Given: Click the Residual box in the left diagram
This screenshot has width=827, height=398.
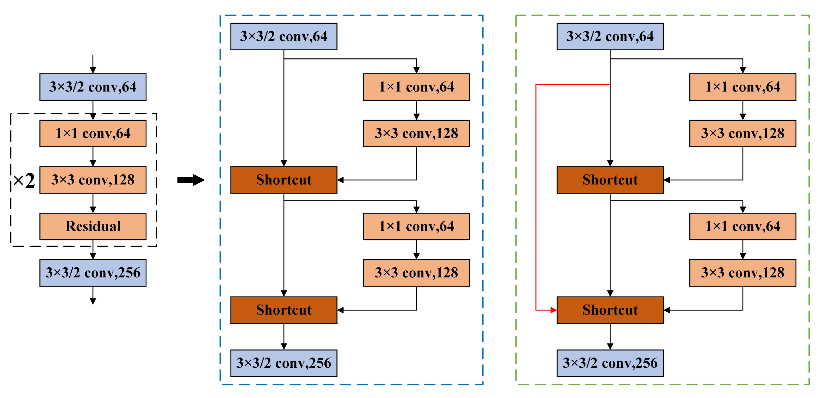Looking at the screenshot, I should pyautogui.click(x=93, y=226).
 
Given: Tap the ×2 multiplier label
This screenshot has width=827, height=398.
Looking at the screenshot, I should pyautogui.click(x=24, y=180).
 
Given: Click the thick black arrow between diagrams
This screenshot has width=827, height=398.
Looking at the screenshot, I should pyautogui.click(x=191, y=180).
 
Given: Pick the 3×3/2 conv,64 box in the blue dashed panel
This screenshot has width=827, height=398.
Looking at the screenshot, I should pyautogui.click(x=284, y=36).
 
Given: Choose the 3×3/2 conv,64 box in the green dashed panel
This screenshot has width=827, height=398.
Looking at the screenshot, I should pyautogui.click(x=610, y=36).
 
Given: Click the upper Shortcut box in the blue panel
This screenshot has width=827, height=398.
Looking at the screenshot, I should pyautogui.click(x=284, y=180).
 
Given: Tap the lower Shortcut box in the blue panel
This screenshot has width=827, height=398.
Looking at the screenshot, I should pyautogui.click(x=284, y=310).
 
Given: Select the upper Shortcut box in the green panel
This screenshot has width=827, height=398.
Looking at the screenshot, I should pyautogui.click(x=610, y=180).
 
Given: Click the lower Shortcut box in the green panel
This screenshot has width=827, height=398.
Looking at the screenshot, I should pyautogui.click(x=610, y=310).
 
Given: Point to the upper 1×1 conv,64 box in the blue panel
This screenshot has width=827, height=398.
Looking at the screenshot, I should pyautogui.click(x=416, y=87).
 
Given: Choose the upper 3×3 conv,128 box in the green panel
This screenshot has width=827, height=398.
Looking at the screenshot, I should pyautogui.click(x=742, y=134).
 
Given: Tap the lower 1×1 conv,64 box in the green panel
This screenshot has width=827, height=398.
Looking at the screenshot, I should pyautogui.click(x=742, y=226).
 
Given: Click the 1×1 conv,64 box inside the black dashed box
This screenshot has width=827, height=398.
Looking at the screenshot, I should pyautogui.click(x=93, y=134).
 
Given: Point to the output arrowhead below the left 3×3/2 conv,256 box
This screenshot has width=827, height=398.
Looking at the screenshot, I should pyautogui.click(x=93, y=301).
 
